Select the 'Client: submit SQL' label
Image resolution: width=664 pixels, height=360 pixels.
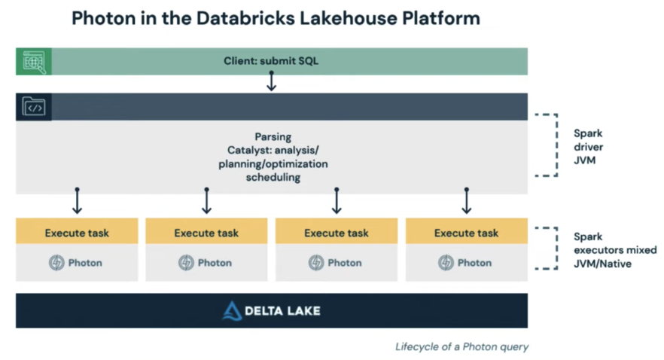pos(271,61)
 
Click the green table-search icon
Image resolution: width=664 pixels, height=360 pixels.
pos(34,62)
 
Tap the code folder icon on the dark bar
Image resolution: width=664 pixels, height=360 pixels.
pos(34,108)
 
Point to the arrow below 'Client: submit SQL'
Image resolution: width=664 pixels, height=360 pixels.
pos(271,82)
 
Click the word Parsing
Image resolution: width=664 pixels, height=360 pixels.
pos(273,138)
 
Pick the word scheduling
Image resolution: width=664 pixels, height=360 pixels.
pos(273,177)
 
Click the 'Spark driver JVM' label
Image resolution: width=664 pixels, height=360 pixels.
pos(589,146)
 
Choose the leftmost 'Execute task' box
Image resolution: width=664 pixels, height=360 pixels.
pos(77,233)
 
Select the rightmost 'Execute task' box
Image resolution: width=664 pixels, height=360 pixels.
pos(466,233)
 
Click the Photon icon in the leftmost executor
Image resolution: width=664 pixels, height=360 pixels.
pos(56,263)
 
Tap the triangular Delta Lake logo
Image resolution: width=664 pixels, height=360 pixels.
pos(232,311)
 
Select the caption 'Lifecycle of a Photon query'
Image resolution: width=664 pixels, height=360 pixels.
pos(461,347)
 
